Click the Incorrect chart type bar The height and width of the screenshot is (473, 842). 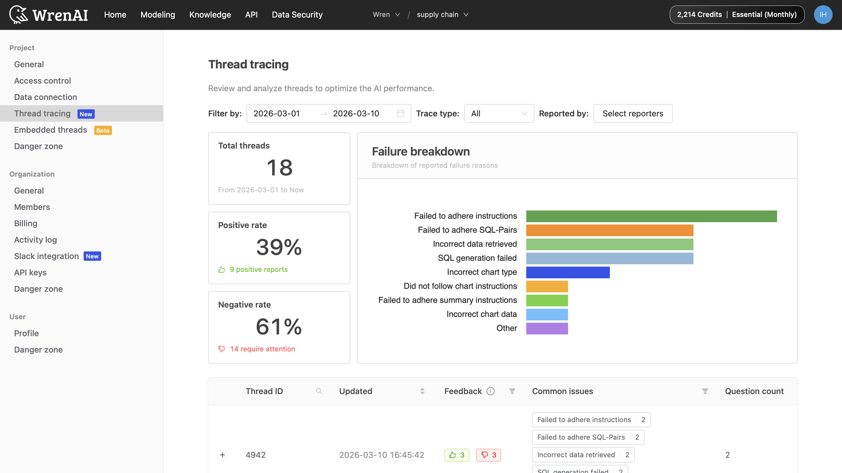pyautogui.click(x=568, y=272)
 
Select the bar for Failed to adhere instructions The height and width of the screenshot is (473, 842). pyautogui.click(x=651, y=216)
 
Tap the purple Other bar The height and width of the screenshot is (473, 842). pyautogui.click(x=547, y=328)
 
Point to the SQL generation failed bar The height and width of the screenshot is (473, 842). pyautogui.click(x=610, y=258)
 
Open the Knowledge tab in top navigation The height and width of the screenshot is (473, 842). pyautogui.click(x=210, y=15)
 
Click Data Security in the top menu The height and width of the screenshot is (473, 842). pyautogui.click(x=297, y=15)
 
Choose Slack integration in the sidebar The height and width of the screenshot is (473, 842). pyautogui.click(x=46, y=256)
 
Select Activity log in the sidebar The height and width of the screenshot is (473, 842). pyautogui.click(x=35, y=240)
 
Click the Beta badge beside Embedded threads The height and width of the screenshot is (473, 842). pyautogui.click(x=103, y=130)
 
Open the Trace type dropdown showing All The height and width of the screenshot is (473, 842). pyautogui.click(x=499, y=113)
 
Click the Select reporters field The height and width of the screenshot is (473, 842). pyautogui.click(x=632, y=113)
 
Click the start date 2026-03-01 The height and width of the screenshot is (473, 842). pyautogui.click(x=277, y=113)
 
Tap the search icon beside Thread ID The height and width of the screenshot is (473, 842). pyautogui.click(x=319, y=391)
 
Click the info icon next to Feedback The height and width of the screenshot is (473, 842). pyautogui.click(x=490, y=391)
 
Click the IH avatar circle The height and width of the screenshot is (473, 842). pyautogui.click(x=823, y=15)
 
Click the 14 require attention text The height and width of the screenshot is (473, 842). pyautogui.click(x=262, y=349)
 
